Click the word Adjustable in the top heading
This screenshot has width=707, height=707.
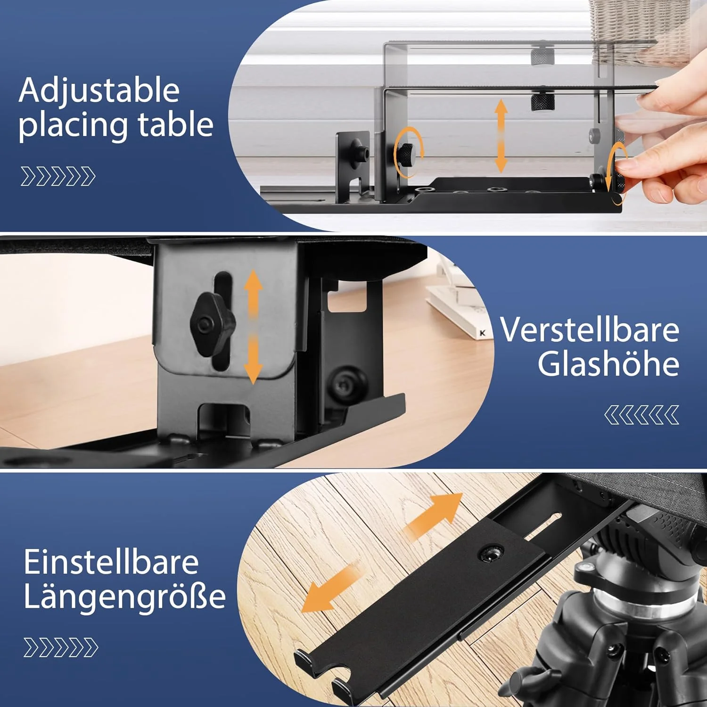pyautogui.click(x=99, y=90)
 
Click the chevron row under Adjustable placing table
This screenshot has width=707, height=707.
pyautogui.click(x=58, y=176)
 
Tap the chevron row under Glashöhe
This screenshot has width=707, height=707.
pyautogui.click(x=641, y=415)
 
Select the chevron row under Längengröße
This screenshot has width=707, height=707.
pyautogui.click(x=61, y=648)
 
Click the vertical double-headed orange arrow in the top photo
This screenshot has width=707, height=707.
pyautogui.click(x=501, y=136)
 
